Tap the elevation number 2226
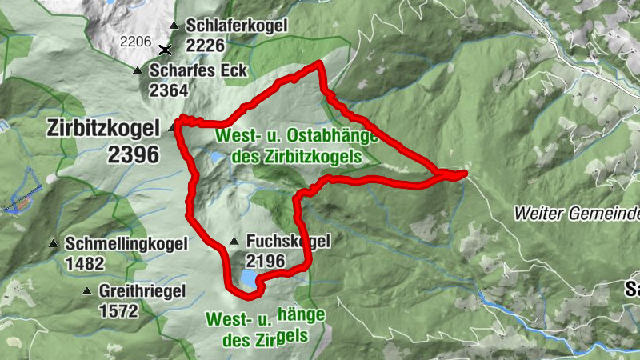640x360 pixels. coord(206,45)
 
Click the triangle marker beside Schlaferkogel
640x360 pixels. coord(174,26)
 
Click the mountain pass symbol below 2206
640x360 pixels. coord(164,49)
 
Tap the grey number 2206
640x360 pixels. coord(136,40)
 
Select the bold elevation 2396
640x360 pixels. coord(133,154)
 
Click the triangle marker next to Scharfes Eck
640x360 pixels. coord(138,70)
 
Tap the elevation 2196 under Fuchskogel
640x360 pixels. coord(266,261)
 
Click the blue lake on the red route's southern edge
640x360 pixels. coord(247,279)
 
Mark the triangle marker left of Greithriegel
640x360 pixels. coord(86,291)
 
